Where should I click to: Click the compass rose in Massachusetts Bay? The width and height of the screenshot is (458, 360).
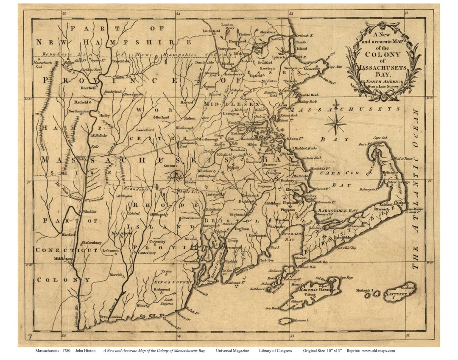pos(336,123)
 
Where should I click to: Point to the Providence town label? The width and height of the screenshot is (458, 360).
pos(188,218)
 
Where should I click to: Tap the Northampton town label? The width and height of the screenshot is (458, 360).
pos(78,111)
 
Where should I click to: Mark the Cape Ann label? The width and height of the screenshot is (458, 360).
pos(335,67)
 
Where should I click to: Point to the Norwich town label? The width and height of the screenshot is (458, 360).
pos(116,275)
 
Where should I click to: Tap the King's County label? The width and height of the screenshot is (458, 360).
pos(168,282)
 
